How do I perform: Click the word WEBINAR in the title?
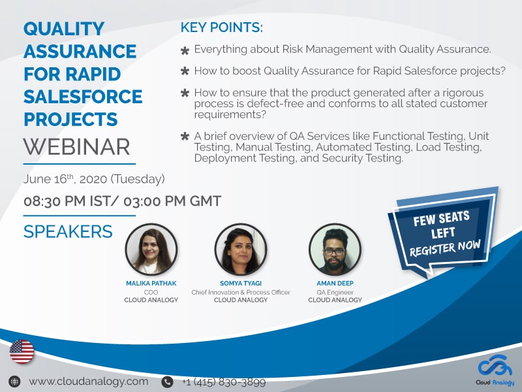76,146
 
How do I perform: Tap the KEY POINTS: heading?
222,27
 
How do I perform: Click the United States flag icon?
22,351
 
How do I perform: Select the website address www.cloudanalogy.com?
89,381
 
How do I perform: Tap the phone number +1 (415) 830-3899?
224,382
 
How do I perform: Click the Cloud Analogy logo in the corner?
495,370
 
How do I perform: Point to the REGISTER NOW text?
445,248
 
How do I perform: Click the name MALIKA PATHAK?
151,284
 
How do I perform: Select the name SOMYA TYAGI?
241,284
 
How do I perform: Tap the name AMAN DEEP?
335,284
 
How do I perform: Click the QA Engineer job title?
335,292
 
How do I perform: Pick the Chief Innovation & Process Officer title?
241,292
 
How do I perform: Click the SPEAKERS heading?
68,231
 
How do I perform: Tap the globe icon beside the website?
14,382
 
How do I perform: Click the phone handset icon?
168,382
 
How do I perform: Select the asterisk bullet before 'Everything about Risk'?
185,51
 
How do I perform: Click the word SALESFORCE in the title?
83,97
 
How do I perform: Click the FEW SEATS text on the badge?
442,219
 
